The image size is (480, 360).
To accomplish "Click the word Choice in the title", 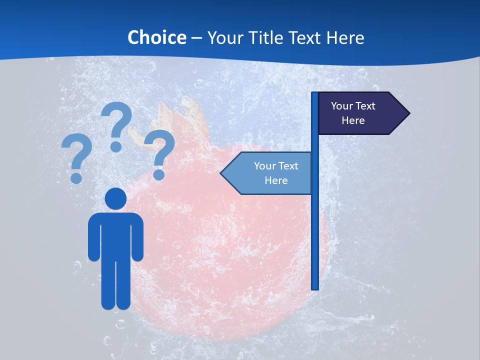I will coord(156,37).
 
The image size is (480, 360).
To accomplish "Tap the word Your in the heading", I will coord(224,37).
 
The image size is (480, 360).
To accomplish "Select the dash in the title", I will coord(197,38).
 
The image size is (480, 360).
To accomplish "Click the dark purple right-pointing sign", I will coord(360,113).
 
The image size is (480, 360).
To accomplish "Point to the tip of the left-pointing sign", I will coord(221,173).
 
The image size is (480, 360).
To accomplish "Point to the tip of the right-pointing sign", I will coord(409,113).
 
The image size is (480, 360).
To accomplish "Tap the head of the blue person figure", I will coord(115,198).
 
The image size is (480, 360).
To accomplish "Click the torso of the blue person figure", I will coord(115,235).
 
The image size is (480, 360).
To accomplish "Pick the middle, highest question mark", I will coord(117,125).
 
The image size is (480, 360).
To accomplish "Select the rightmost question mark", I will coord(159,152).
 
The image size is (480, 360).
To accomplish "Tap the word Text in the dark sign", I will coord(365,106).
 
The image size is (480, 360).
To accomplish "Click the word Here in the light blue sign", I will coord(276,180).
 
